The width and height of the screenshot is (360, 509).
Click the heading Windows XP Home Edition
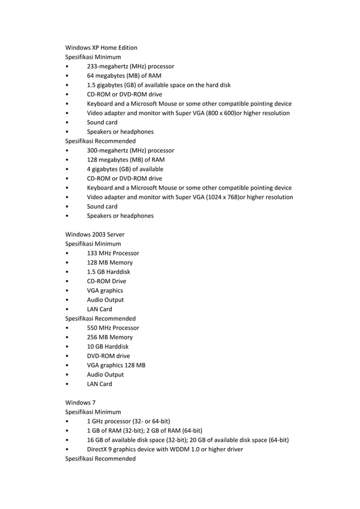point(101,47)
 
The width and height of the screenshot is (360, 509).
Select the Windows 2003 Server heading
point(95,234)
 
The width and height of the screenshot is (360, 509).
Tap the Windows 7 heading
point(80,402)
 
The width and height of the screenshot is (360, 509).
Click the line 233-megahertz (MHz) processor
point(130,67)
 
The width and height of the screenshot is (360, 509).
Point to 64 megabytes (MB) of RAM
point(124,76)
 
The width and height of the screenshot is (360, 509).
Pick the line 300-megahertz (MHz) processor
point(130,151)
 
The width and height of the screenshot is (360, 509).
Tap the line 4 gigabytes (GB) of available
point(125,169)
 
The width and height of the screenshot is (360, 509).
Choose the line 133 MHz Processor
point(113,253)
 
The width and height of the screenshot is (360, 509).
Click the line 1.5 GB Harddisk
point(108,272)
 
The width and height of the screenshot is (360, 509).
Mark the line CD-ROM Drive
point(107,281)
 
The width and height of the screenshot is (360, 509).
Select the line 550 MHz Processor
point(113,328)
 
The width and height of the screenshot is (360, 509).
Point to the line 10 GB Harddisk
point(108,346)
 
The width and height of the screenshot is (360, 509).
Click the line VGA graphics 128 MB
point(116,365)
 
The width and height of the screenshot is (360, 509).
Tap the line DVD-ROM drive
point(108,356)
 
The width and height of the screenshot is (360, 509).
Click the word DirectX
point(98,449)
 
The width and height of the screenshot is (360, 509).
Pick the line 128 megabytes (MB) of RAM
point(125,160)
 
